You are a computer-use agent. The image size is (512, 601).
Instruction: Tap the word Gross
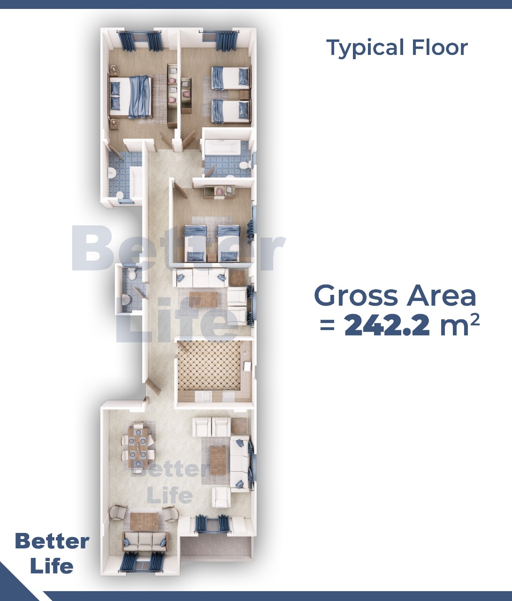coord(356,295)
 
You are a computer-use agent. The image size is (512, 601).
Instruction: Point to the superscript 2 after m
coord(474,319)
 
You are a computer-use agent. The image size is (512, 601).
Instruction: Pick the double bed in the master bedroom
coord(130,97)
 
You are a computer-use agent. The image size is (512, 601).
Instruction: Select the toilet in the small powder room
coord(131,274)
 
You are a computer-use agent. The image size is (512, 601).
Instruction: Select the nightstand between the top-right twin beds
coord(245,95)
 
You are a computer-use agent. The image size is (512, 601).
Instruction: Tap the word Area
coord(442,295)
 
